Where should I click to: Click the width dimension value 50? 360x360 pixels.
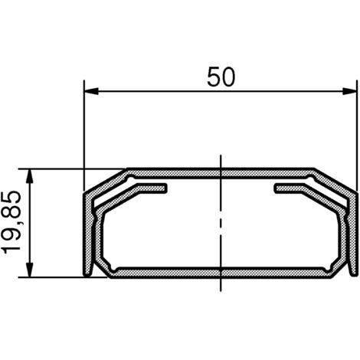point(221,77)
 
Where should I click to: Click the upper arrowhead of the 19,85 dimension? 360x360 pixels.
point(30,175)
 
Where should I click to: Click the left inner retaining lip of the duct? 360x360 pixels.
point(149,187)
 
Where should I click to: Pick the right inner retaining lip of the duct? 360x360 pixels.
point(291,187)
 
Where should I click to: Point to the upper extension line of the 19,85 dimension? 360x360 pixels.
point(61,168)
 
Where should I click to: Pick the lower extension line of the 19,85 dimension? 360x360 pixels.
point(61,277)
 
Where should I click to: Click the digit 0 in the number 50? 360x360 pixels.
point(228,77)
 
